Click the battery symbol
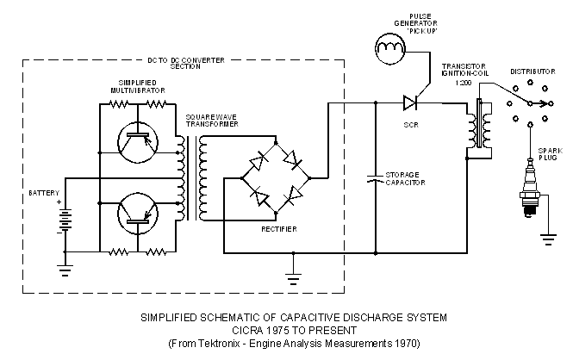pyautogui.click(x=65, y=220)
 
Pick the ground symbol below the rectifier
pyautogui.click(x=295, y=276)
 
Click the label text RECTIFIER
pyautogui.click(x=279, y=229)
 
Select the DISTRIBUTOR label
pyautogui.click(x=532, y=71)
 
